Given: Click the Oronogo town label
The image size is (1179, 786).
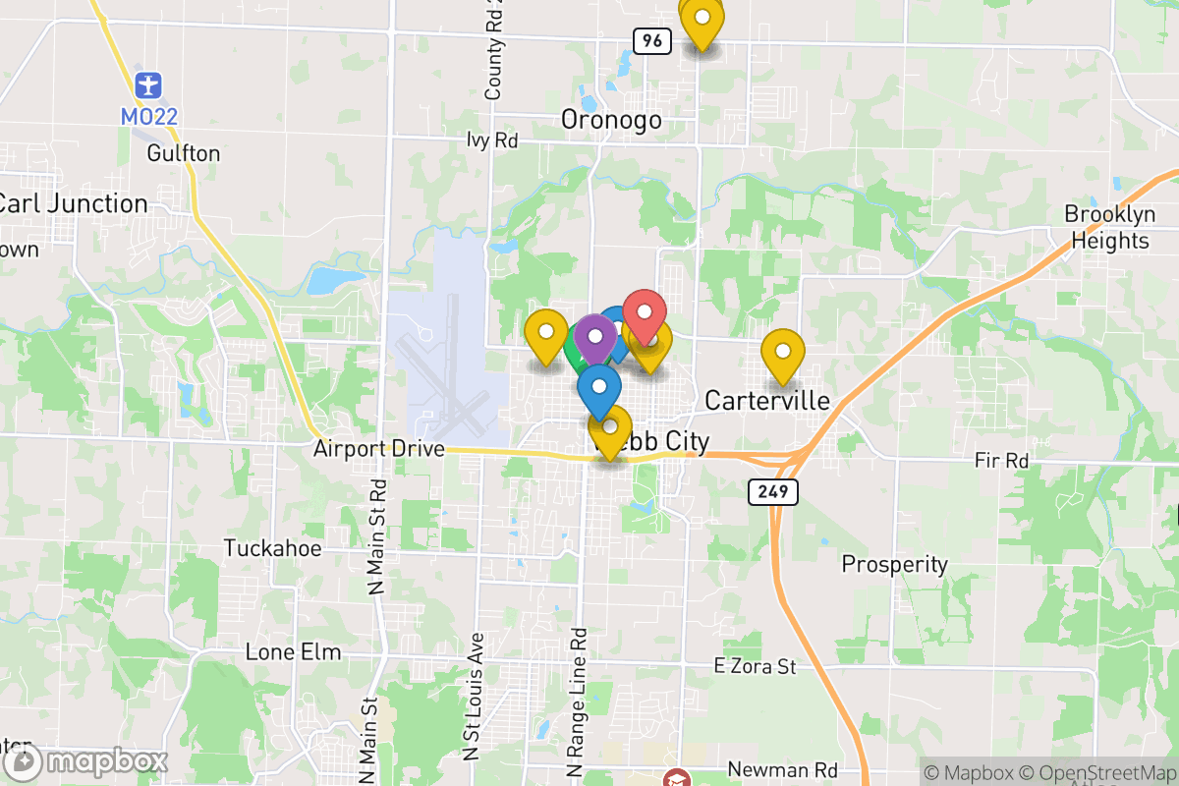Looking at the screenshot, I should point(610,120).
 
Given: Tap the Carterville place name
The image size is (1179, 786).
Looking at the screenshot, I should point(767,401).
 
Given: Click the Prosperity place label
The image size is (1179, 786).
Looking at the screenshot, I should point(894,565).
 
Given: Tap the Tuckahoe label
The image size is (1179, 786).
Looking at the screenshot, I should point(272,548).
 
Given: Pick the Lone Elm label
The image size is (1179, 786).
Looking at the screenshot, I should point(293,652).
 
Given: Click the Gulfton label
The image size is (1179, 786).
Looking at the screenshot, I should point(183,153).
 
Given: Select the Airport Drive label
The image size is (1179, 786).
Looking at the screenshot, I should point(379,450).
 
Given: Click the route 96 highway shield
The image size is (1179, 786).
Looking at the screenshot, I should point(652,40).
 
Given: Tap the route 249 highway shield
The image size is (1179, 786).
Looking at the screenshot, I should point(772,492).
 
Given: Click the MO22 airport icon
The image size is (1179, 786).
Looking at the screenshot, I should point(148,84).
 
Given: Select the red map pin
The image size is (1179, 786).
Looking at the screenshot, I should point(646,313).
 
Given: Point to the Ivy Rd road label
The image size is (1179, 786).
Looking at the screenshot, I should point(492,140).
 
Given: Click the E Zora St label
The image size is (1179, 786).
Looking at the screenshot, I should point(755,668).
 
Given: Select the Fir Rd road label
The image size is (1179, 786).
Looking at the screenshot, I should point(1001,460).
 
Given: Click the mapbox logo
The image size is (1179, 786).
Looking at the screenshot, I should point(85,762).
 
